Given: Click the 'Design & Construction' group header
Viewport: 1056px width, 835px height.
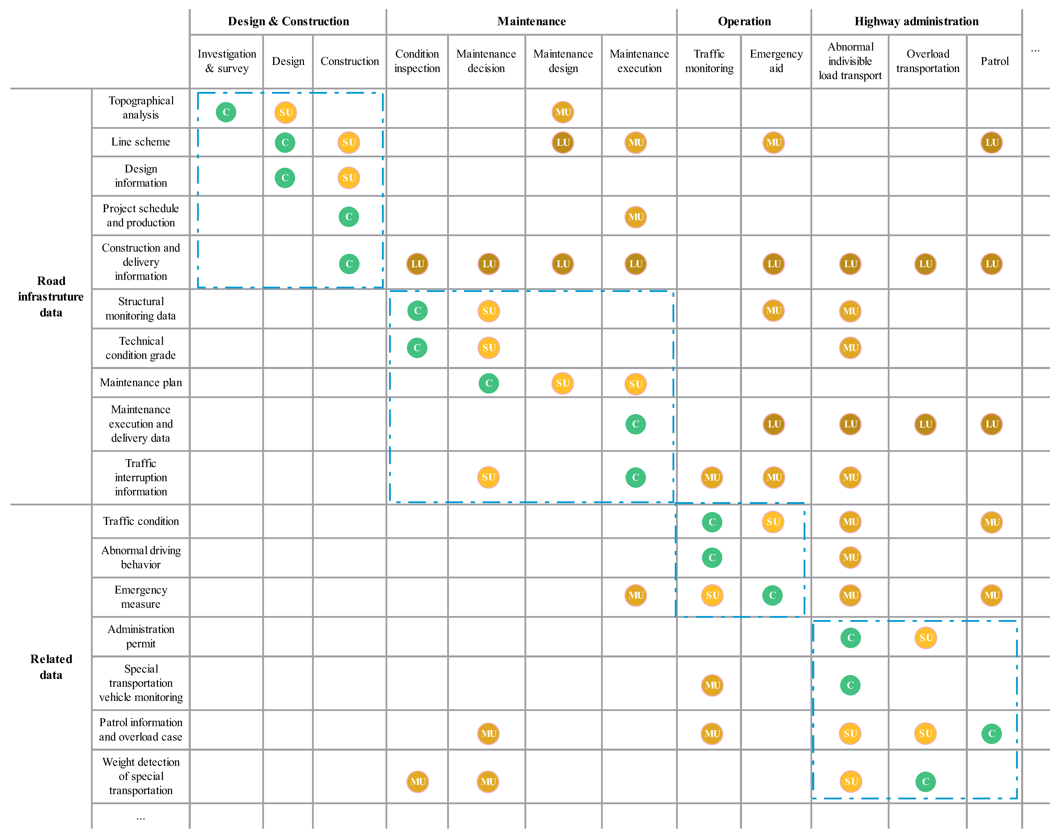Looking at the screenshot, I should pos(289,21).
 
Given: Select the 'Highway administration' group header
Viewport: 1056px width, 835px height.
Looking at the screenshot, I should pos(916,21).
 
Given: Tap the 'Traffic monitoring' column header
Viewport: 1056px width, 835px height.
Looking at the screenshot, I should pos(709,61).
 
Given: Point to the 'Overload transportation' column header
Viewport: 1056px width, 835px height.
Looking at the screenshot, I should pos(927,61).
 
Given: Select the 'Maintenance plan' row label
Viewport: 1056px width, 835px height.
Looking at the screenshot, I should pos(141,383).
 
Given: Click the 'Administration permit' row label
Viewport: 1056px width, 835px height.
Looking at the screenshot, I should pos(141,636).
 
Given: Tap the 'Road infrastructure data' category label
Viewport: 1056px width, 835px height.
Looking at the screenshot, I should pos(51,297).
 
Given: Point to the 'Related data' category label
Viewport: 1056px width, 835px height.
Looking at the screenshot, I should pos(51,667).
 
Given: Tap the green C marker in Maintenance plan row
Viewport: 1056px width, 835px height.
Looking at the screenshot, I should pos(488,383).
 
